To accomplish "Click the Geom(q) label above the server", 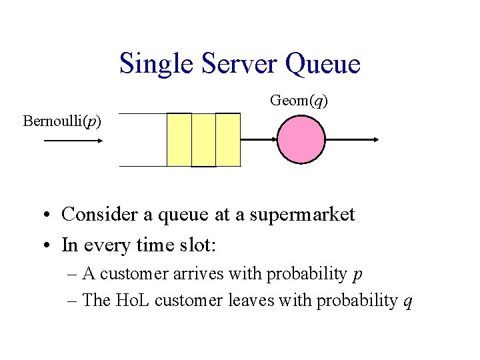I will coord(299,100).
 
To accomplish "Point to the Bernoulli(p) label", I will coord(62,121).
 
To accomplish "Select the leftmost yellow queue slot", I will coord(179,139).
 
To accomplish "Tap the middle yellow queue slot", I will coord(203,139).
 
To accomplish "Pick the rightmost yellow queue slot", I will coord(227,139).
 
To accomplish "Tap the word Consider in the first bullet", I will coord(93,215).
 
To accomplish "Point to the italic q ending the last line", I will coord(408,303).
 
